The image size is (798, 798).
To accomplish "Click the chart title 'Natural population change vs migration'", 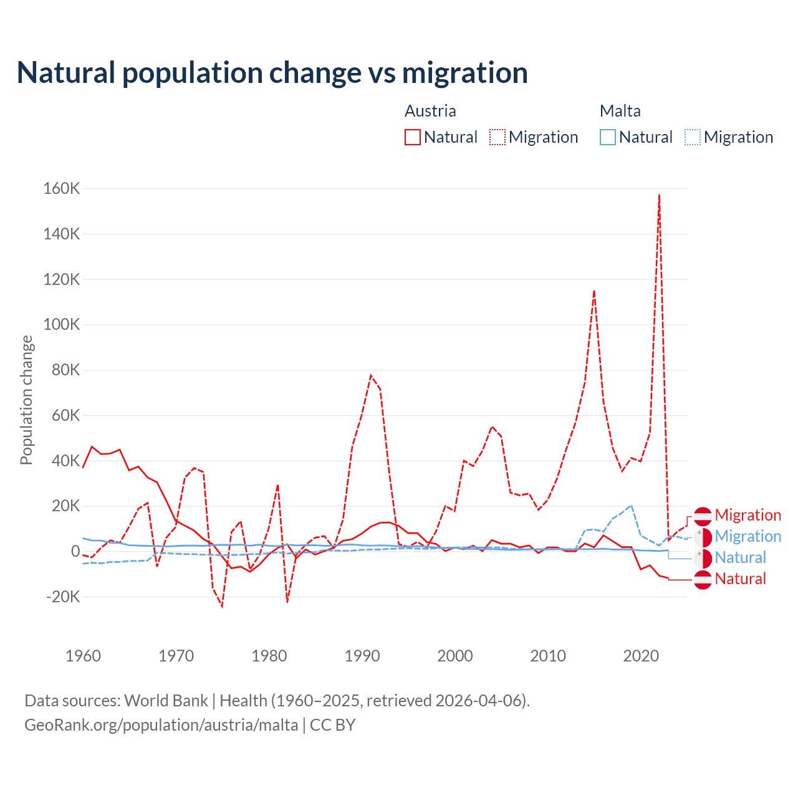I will tap(272, 73).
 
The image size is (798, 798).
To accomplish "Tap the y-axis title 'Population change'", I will tap(26, 400).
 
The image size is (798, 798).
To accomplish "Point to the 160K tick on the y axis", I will tap(62, 188).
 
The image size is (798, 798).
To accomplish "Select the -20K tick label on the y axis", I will tap(64, 597).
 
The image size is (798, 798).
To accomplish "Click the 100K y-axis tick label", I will tap(62, 325).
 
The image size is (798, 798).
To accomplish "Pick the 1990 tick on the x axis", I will tap(362, 656).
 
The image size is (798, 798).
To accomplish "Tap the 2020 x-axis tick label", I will tap(641, 656).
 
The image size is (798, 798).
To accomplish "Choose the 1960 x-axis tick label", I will tap(83, 656).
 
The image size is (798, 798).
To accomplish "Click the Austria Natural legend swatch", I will tap(413, 137).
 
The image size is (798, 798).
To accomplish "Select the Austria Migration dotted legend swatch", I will tap(498, 137).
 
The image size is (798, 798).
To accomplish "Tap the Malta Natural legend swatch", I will tap(608, 137).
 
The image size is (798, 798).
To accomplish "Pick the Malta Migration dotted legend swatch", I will tap(693, 137).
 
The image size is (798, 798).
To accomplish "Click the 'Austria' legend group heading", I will tap(430, 111).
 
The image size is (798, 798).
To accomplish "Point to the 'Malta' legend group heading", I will tap(620, 111).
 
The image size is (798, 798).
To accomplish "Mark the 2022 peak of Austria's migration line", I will tap(659, 195).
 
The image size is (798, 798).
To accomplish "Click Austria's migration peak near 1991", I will tap(371, 375).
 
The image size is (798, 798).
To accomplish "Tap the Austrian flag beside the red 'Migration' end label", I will tap(703, 516).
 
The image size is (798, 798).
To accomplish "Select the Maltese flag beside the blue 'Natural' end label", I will tap(703, 558).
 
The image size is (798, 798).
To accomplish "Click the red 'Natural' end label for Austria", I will tap(740, 579).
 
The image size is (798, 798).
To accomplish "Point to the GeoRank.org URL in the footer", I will tap(161, 725).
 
